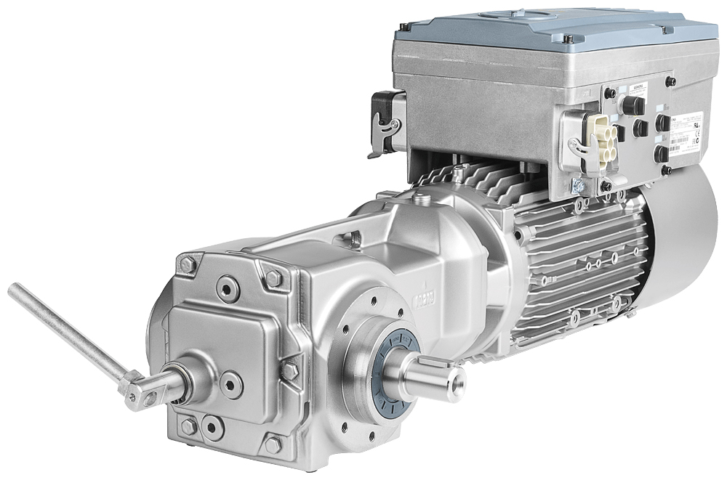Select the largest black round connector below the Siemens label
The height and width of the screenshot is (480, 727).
tap(632, 106)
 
